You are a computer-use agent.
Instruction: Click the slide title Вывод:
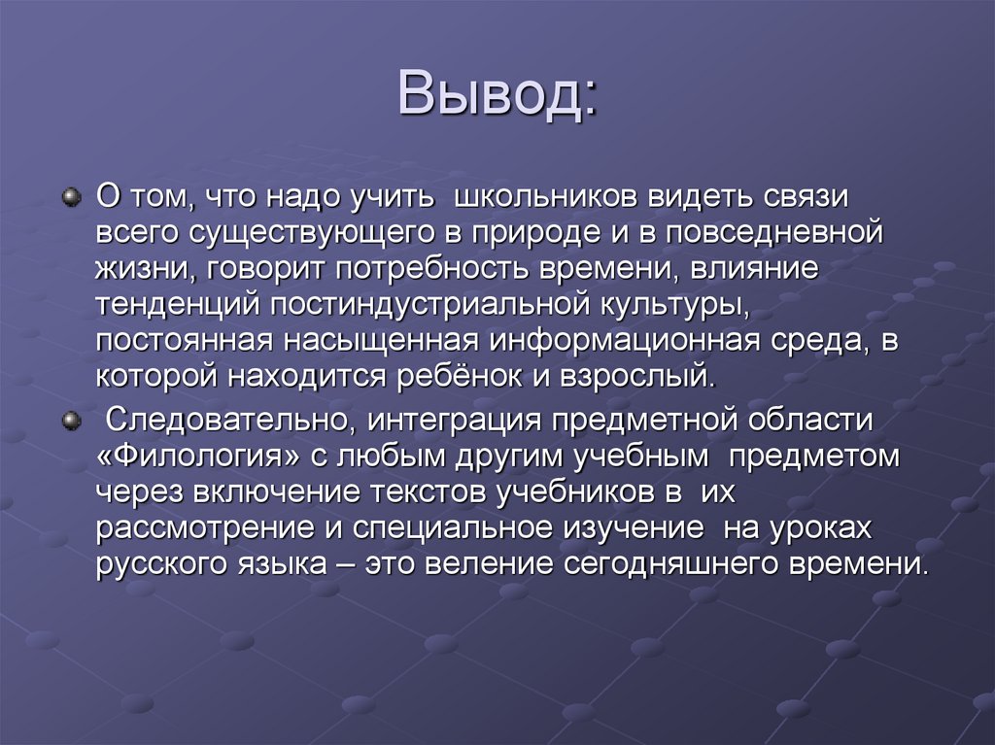point(497,95)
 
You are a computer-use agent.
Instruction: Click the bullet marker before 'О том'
point(69,197)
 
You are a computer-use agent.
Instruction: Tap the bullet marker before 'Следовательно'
point(69,421)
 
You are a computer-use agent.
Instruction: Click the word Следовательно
point(226,421)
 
